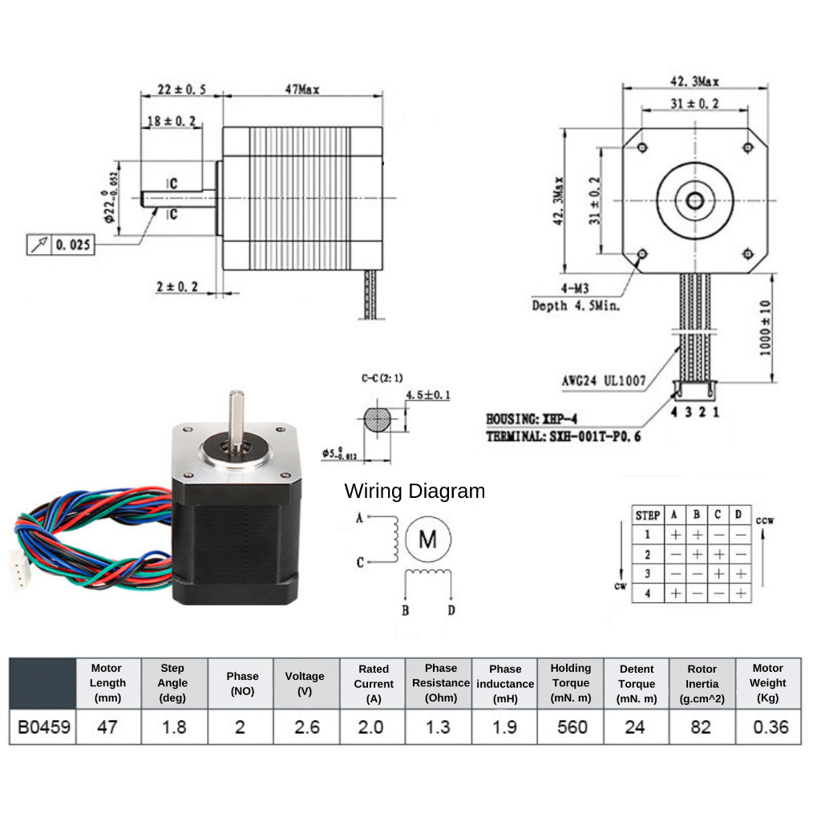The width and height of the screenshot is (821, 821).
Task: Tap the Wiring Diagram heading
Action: click(415, 491)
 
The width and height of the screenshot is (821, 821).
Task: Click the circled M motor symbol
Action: click(428, 540)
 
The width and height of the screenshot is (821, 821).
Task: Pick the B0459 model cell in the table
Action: click(43, 727)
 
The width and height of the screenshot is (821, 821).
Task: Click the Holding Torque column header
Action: click(570, 682)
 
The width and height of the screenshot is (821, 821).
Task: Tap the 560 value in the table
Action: click(570, 727)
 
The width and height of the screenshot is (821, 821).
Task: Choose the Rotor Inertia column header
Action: click(702, 682)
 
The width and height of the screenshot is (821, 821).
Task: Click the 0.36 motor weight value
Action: click(767, 727)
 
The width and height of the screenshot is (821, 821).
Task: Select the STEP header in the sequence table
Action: click(647, 515)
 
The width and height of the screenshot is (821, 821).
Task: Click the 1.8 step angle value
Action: click(174, 727)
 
